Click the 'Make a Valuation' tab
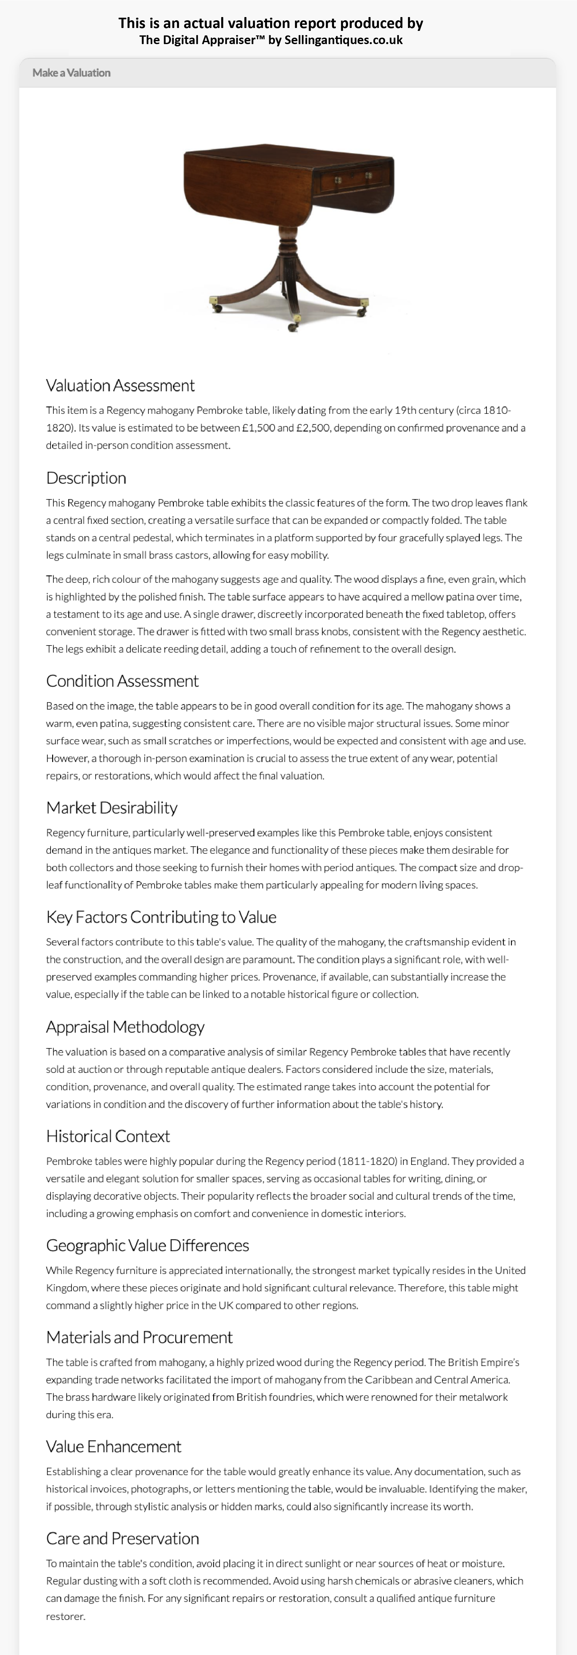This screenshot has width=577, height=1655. [x=71, y=73]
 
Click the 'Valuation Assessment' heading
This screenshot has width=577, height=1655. [x=120, y=386]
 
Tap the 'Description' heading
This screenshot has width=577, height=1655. [x=86, y=478]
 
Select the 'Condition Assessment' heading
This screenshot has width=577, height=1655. [x=122, y=681]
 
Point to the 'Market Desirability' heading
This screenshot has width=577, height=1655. [x=112, y=808]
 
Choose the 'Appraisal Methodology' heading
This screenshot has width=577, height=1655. [x=125, y=1027]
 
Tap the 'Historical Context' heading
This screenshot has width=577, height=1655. [x=108, y=1136]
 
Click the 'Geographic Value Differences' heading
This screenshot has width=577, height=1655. [x=147, y=1245]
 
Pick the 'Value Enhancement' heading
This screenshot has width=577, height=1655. [x=114, y=1446]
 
